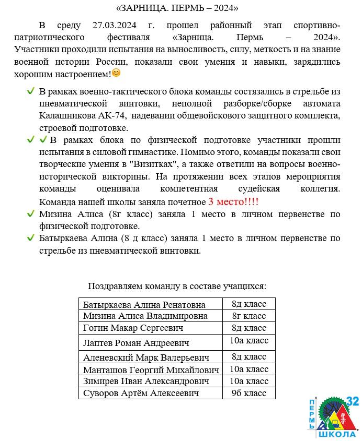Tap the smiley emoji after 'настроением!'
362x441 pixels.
[116, 73]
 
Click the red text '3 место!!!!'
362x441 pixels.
[233, 202]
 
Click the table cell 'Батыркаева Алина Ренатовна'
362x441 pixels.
[144, 305]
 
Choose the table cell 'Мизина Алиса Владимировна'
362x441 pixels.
[145, 316]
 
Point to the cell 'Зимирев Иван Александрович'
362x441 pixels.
[146, 382]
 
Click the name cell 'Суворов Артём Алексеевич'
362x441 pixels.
[141, 394]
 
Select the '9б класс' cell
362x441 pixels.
[248, 393]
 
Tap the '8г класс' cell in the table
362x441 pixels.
[248, 316]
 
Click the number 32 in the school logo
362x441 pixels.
[352, 401]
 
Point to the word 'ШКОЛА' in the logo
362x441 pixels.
[337, 434]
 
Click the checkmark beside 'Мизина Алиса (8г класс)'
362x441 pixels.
[31, 214]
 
